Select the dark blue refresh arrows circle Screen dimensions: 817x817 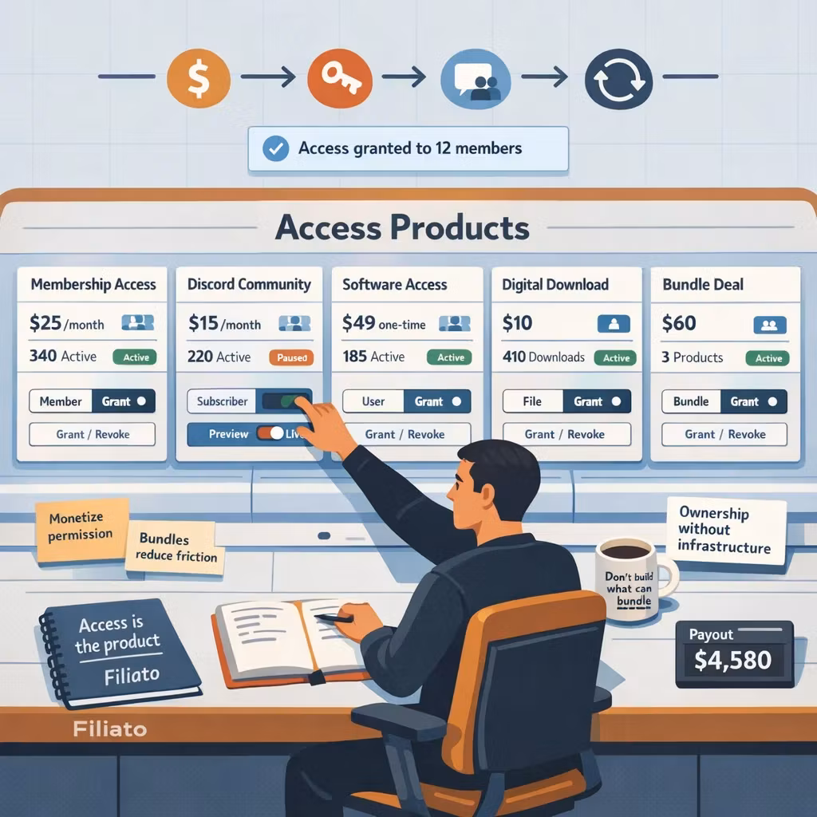click(x=618, y=77)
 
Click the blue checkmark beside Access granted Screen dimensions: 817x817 click(x=275, y=148)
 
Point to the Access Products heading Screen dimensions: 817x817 click(x=402, y=227)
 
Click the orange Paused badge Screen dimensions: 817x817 click(x=291, y=357)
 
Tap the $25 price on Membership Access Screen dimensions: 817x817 click(x=45, y=324)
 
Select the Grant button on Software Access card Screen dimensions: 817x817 click(x=436, y=401)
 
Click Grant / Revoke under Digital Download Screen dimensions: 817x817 click(x=566, y=434)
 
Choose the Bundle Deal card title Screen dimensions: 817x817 click(x=703, y=285)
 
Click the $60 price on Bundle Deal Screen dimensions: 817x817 click(x=679, y=324)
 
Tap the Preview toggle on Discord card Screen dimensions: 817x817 click(x=270, y=434)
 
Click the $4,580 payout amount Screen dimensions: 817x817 click(x=733, y=661)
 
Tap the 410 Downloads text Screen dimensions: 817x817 click(x=544, y=357)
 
